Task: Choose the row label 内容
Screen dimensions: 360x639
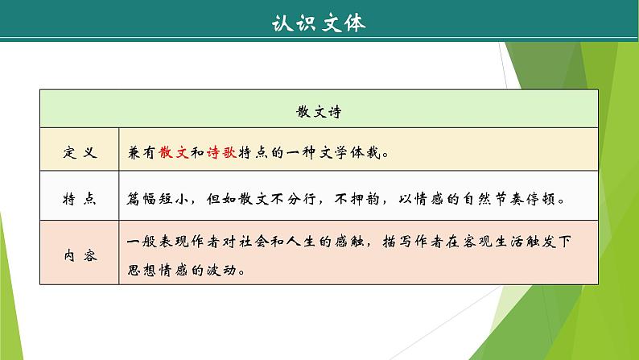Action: click(x=80, y=255)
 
